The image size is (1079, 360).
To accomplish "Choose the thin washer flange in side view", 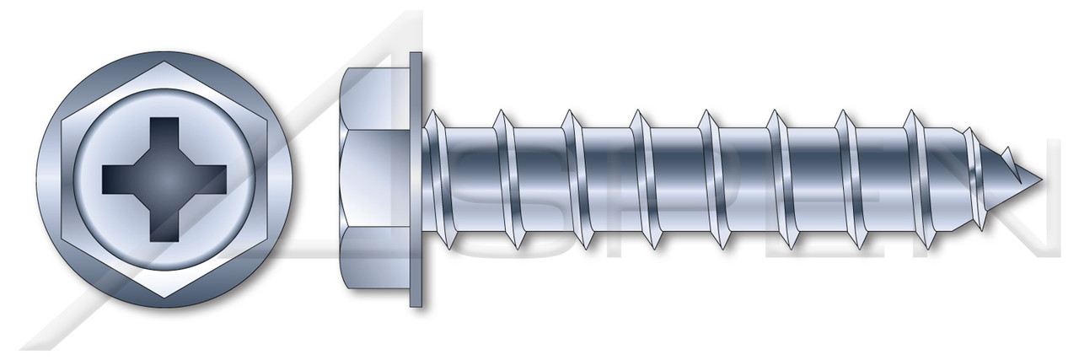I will coord(416,179).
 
